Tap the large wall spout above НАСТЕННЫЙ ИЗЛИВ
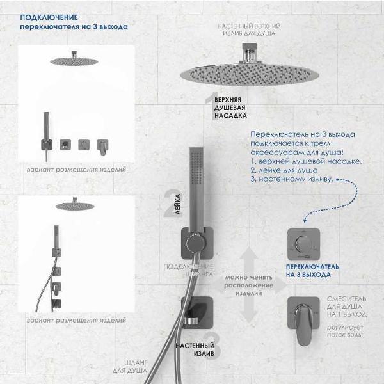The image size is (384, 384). (x=196, y=314)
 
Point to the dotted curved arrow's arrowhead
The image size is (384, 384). (x=309, y=220)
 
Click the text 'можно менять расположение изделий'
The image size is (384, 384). (x=243, y=285)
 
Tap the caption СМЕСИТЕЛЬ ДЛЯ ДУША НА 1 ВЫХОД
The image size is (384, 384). (x=347, y=306)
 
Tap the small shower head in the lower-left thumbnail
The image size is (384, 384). (x=71, y=205)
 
